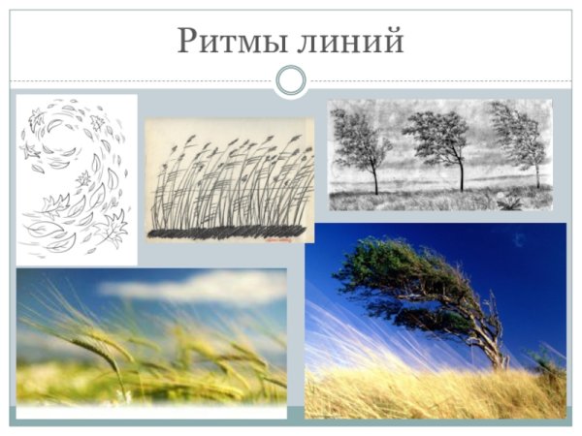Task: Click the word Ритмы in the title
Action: click(236, 42)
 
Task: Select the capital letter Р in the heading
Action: click(191, 42)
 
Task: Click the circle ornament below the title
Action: click(290, 80)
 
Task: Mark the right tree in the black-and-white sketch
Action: click(519, 140)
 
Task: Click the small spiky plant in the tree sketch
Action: click(508, 201)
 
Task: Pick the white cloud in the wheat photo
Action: click(194, 285)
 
